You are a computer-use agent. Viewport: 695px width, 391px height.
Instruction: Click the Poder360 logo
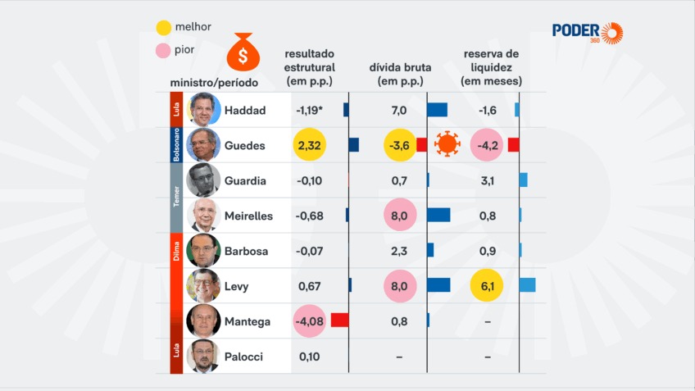(x=587, y=32)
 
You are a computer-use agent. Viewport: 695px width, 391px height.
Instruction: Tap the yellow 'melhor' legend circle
(x=164, y=27)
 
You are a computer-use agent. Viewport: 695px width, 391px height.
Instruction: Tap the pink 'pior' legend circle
(x=164, y=51)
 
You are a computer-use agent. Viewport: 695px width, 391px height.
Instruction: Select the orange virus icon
(x=447, y=145)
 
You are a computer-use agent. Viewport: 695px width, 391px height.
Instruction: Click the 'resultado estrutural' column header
(x=309, y=67)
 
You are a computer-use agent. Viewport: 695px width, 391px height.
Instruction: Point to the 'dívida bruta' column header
(x=400, y=75)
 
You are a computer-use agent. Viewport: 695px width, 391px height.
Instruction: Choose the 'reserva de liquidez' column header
(x=491, y=67)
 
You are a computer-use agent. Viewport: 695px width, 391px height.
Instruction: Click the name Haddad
(x=244, y=111)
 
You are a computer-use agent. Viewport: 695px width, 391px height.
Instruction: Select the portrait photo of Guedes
(x=203, y=145)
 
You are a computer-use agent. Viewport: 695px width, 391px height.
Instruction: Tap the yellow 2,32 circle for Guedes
(x=309, y=145)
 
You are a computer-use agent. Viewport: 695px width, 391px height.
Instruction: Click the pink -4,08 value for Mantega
(x=309, y=321)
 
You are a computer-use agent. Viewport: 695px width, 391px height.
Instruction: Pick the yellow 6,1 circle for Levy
(x=487, y=286)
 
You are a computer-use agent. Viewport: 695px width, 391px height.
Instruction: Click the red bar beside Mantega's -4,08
(x=339, y=321)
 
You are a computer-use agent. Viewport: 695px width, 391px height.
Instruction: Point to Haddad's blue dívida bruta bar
(x=438, y=110)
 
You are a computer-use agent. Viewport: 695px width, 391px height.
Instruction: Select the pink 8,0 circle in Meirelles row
(x=400, y=216)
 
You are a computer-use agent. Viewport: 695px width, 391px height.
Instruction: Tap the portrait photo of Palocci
(x=203, y=357)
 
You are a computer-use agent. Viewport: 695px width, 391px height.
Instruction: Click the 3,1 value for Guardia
(x=487, y=180)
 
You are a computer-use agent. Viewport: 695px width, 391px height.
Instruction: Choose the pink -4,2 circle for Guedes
(x=487, y=145)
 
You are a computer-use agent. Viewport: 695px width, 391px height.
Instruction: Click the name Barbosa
(x=246, y=251)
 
